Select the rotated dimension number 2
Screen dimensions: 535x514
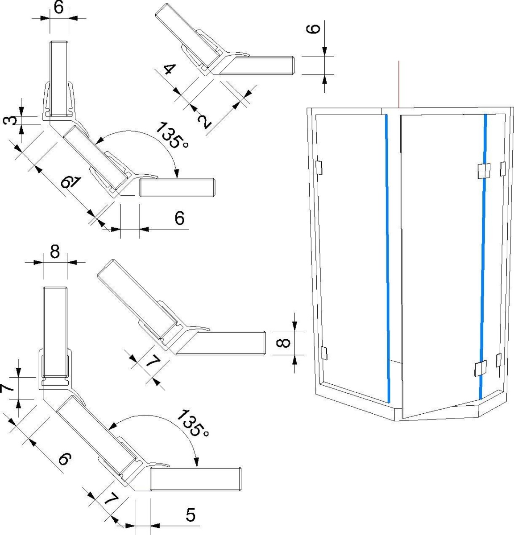click(x=204, y=121)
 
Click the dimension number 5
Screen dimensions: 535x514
click(x=191, y=515)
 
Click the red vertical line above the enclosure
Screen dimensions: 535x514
click(x=399, y=85)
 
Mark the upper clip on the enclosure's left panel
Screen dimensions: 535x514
click(x=319, y=167)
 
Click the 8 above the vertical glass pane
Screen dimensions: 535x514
click(x=55, y=252)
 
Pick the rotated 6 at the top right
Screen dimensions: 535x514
click(x=314, y=29)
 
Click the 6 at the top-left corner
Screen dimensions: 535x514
click(x=58, y=7)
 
